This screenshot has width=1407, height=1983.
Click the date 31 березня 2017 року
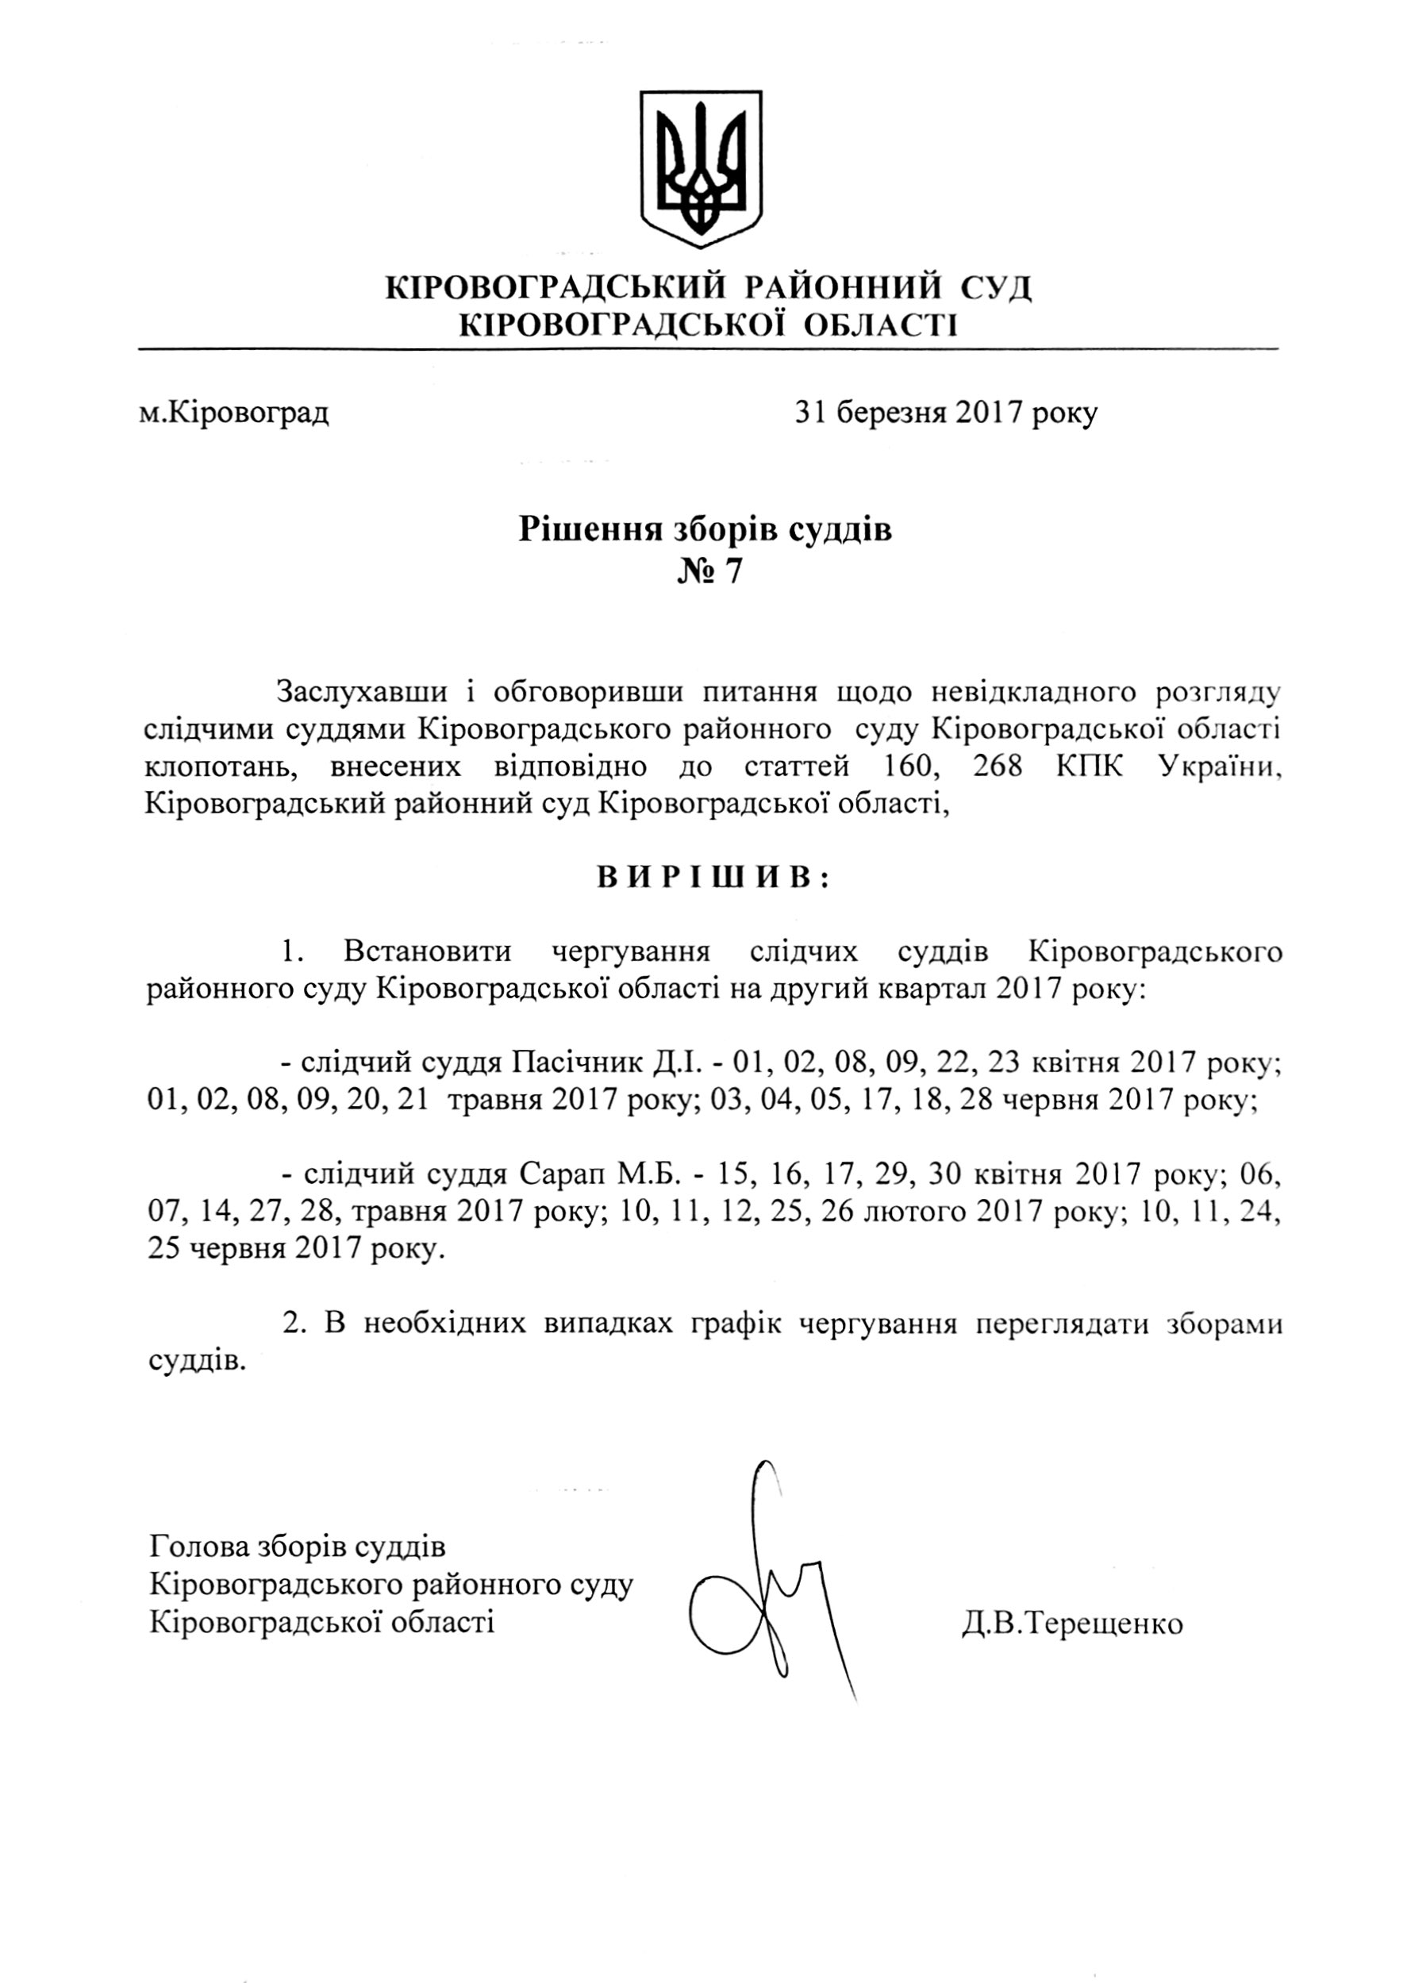point(946,413)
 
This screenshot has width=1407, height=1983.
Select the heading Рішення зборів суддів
point(705,528)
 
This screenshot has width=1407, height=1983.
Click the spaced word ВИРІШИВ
point(713,878)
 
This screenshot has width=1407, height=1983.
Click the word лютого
point(913,1211)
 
